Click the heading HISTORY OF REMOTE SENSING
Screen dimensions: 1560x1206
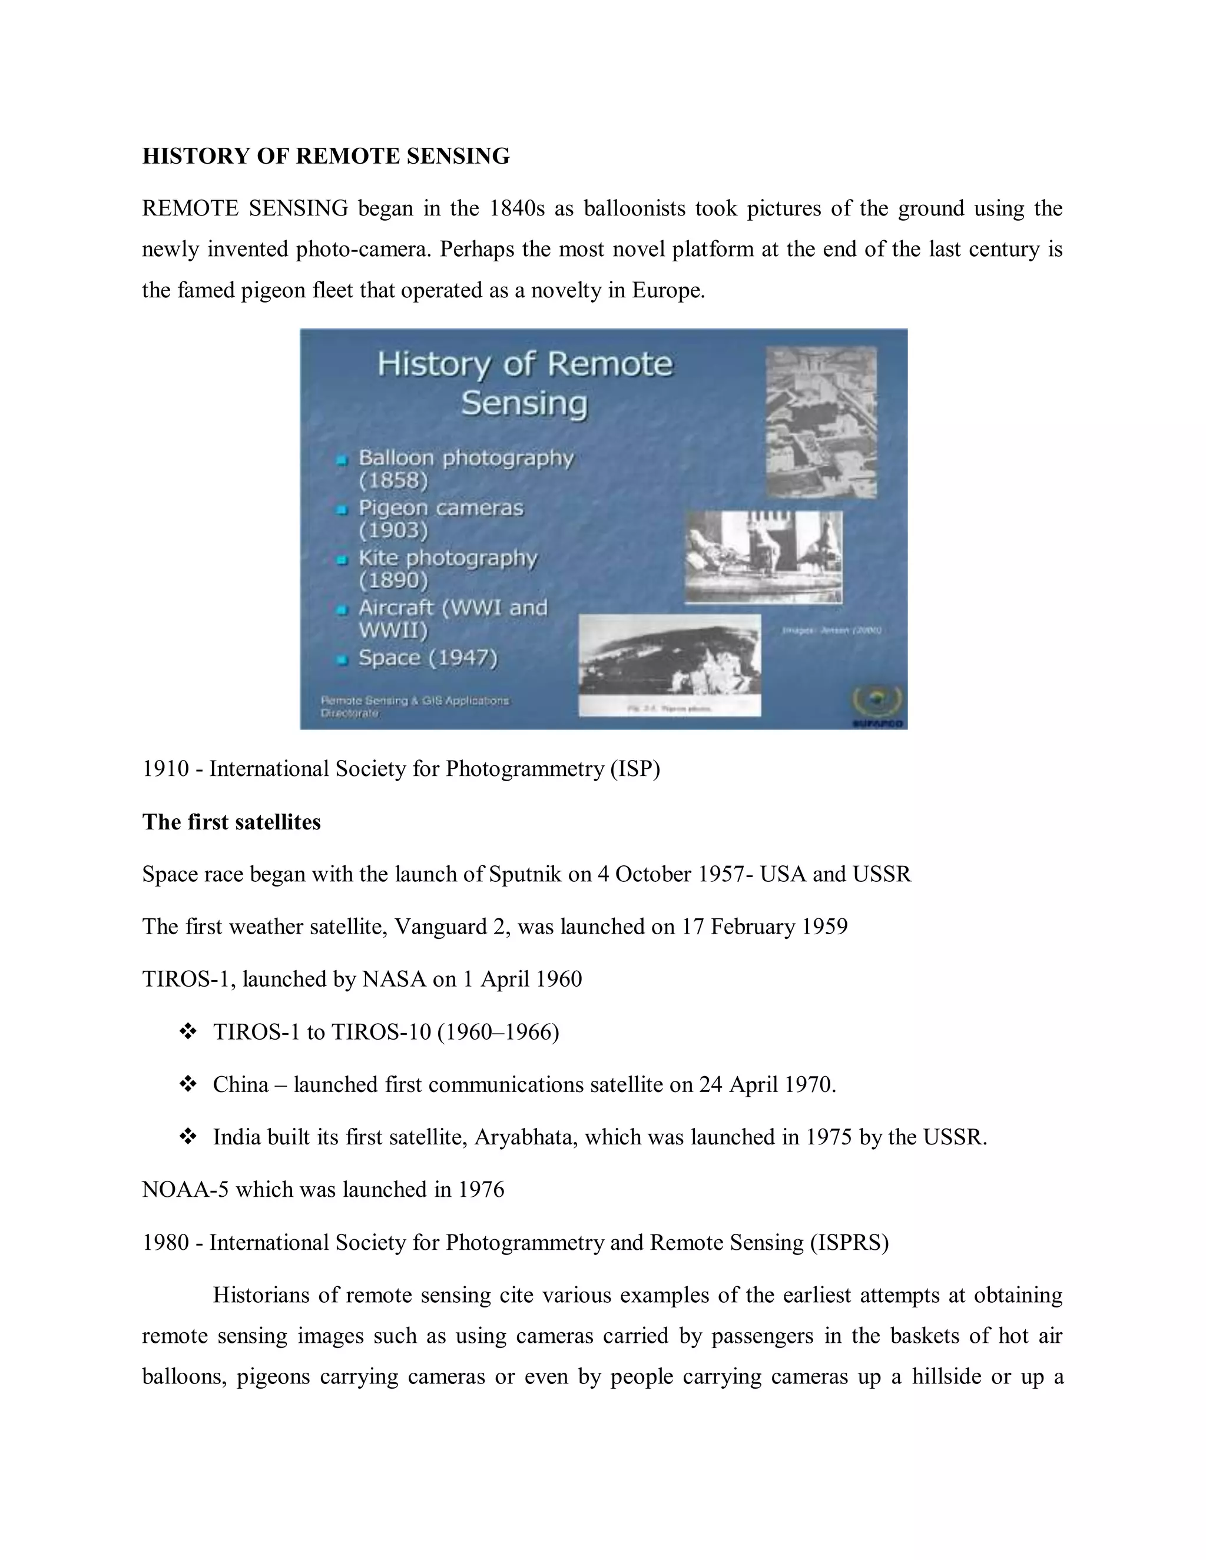[326, 156]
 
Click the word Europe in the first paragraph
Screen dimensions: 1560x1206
[667, 290]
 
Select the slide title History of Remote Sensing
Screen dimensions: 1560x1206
[525, 383]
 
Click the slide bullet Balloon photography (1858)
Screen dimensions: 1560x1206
[465, 468]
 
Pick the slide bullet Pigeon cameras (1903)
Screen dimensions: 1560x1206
[440, 518]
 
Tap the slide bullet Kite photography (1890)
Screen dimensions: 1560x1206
[448, 568]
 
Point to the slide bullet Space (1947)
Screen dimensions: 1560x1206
[428, 657]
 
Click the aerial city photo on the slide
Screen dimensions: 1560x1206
[821, 421]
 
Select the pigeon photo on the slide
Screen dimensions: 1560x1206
[763, 556]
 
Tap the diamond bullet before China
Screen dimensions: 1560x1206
[188, 1084]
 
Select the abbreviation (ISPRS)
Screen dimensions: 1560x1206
[849, 1242]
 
